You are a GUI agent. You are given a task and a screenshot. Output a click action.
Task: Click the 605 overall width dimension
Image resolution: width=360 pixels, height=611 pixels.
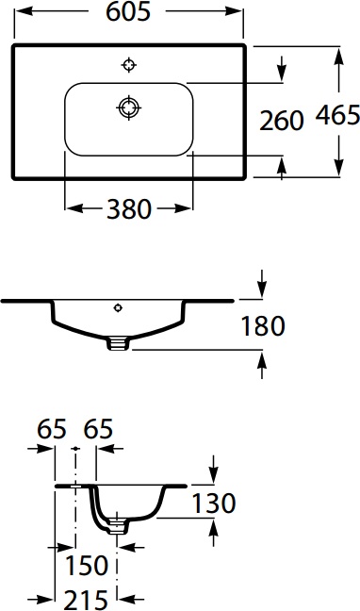point(129,12)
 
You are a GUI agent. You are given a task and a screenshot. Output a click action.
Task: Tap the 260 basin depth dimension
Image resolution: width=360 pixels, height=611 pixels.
point(281,120)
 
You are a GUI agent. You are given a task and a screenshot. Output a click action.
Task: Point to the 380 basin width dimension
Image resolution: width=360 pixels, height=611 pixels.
point(129,208)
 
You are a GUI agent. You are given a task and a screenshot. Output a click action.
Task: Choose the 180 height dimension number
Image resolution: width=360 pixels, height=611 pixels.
point(263,326)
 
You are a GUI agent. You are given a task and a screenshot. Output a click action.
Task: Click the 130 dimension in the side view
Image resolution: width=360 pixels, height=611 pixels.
point(213,503)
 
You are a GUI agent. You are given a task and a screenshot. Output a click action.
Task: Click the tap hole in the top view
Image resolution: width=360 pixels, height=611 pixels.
point(129,65)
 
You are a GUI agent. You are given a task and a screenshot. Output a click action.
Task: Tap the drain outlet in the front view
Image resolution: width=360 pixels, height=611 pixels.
point(118,343)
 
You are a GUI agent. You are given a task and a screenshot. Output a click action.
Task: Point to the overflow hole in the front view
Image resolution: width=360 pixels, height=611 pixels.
point(118,307)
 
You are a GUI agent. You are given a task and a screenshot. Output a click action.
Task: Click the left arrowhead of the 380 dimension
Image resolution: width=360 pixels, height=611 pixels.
point(71,208)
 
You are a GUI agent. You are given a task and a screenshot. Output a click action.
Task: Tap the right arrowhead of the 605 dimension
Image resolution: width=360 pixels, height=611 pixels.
point(239,12)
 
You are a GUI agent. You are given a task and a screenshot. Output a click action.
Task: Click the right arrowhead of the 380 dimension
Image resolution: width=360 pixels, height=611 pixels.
point(187,208)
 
